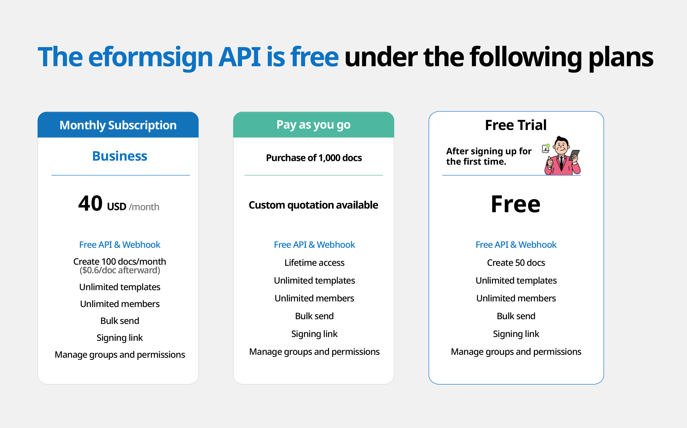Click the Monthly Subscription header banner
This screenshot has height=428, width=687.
[x=118, y=125]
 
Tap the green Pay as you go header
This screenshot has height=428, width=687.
[x=313, y=125]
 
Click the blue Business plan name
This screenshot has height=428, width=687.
[x=120, y=156]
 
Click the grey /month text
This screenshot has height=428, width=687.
[x=144, y=207]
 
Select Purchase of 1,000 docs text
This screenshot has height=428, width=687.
[x=314, y=158]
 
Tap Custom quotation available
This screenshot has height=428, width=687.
[x=313, y=205]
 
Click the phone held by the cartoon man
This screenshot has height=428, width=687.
[x=574, y=155]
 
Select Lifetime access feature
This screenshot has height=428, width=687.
[x=314, y=263]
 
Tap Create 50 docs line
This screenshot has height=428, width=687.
[x=516, y=263]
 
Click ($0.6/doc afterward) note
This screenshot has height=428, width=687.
[x=120, y=270]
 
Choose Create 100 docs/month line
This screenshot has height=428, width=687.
[x=120, y=261]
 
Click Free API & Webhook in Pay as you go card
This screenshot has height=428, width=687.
[x=314, y=245]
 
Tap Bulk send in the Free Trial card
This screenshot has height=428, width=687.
[x=516, y=316]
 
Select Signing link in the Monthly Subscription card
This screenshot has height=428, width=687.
[x=120, y=338]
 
